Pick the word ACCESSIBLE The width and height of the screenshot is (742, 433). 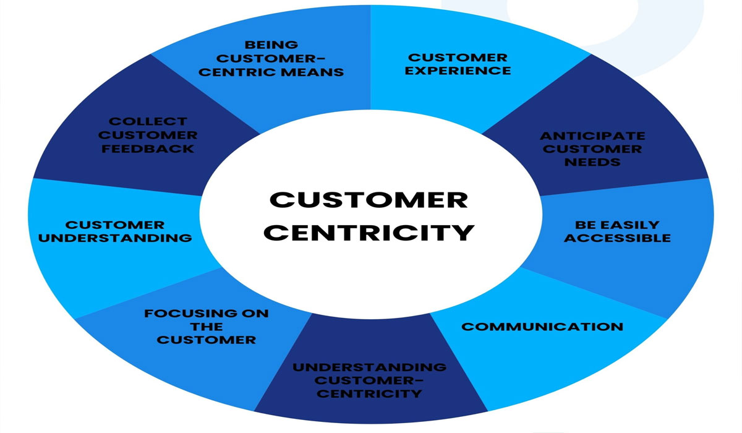(617, 238)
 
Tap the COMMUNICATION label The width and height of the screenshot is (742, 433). (542, 327)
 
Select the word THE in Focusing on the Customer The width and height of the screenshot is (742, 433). (206, 327)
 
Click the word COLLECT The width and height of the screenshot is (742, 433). (148, 122)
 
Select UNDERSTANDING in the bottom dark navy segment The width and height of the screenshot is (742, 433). (370, 367)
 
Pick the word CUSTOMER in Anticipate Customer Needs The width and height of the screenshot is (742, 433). (592, 148)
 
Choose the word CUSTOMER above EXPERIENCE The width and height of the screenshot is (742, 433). (458, 58)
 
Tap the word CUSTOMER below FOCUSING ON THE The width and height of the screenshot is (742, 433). (206, 340)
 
